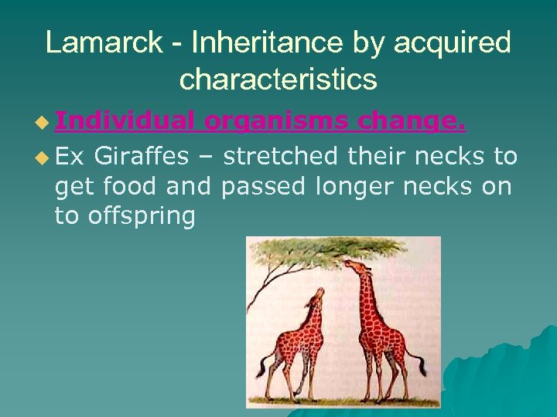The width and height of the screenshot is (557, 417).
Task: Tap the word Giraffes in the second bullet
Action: point(141,157)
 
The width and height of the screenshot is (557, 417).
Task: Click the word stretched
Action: point(281,157)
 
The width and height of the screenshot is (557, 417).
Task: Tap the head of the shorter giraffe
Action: point(318,294)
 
